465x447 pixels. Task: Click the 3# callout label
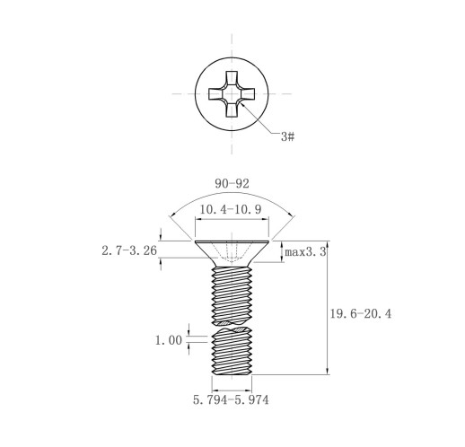click(287, 136)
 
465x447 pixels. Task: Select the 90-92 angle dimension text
click(232, 184)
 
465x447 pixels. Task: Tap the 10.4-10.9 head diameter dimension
click(231, 209)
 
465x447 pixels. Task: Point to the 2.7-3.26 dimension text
click(129, 250)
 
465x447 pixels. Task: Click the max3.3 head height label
click(305, 252)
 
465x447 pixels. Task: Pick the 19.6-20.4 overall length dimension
click(361, 314)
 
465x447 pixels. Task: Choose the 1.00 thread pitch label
click(169, 340)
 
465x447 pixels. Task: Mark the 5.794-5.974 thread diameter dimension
click(231, 400)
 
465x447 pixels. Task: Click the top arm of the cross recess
click(232, 78)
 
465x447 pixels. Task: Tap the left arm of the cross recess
click(216, 94)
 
